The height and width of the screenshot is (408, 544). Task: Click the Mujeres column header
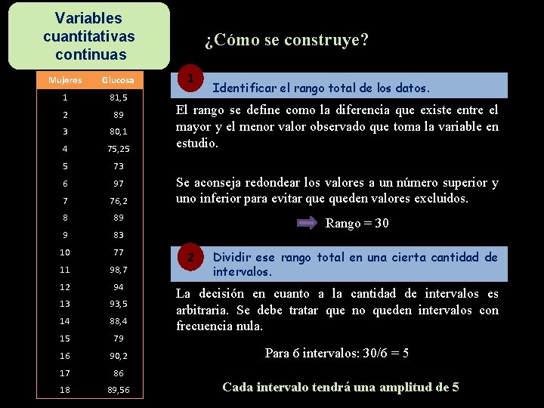click(65, 80)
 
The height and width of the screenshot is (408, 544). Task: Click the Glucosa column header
click(118, 80)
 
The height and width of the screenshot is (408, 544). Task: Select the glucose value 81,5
click(118, 97)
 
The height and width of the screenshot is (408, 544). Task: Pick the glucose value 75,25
click(118, 149)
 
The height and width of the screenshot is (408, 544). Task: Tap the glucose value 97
click(118, 184)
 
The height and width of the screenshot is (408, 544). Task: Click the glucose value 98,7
click(118, 270)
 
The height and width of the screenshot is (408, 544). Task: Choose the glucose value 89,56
click(118, 390)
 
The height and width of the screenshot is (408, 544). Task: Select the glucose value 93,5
click(118, 304)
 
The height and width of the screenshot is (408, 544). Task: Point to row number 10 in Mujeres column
click(65, 252)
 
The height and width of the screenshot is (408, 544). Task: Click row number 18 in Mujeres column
click(65, 390)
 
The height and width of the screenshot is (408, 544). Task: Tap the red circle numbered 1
click(192, 78)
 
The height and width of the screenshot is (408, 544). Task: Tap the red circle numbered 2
click(192, 258)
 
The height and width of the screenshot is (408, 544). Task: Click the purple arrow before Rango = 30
click(307, 224)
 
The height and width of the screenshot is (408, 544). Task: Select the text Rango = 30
click(357, 224)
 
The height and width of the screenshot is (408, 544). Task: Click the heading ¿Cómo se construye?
click(286, 40)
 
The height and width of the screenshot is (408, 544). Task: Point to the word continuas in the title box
click(91, 54)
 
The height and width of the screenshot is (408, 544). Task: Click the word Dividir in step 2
click(233, 258)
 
